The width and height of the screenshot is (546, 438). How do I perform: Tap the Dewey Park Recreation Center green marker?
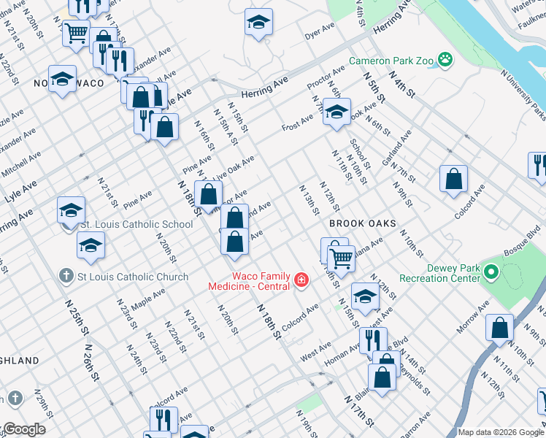(x=491, y=274)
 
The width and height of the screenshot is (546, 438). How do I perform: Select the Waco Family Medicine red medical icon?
(x=300, y=280)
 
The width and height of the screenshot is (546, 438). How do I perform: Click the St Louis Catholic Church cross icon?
(x=66, y=277)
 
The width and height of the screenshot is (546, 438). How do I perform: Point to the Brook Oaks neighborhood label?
(x=362, y=223)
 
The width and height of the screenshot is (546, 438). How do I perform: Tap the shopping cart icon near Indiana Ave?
(x=341, y=258)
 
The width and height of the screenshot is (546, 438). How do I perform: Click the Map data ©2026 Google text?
(x=501, y=432)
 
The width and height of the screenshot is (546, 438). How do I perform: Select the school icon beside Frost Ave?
(x=337, y=112)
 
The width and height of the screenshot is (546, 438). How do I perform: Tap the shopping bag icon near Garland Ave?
(x=453, y=178)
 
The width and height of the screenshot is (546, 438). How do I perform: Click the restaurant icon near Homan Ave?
(x=372, y=339)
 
